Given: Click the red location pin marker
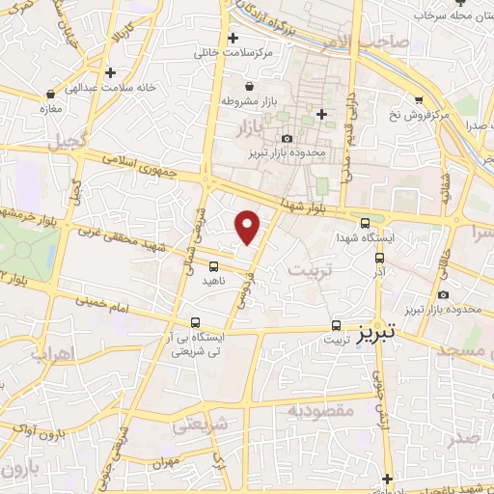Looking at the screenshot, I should [248, 227].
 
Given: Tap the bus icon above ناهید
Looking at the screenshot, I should [213, 265].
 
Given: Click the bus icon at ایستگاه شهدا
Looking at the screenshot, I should [364, 222].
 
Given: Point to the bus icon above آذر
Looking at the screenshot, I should [379, 258].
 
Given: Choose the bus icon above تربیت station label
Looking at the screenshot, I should [336, 325].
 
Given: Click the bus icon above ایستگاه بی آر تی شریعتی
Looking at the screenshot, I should [196, 322].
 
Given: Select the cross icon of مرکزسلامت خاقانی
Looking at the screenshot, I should [233, 39].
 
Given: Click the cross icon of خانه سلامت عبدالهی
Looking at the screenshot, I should [111, 72].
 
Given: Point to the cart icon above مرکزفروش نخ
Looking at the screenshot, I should [418, 99].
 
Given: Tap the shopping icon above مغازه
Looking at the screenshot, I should [49, 95].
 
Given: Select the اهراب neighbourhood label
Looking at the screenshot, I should [51, 354].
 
